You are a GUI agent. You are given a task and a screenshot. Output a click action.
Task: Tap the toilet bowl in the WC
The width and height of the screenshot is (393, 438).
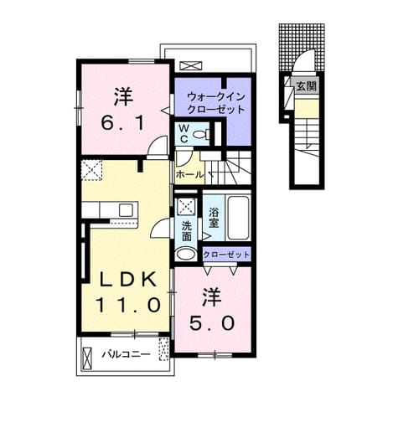[201, 134]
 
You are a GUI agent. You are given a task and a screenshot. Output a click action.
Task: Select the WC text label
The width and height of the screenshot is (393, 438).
[184, 134]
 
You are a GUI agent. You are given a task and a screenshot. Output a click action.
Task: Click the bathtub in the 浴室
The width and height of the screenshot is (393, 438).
[239, 218]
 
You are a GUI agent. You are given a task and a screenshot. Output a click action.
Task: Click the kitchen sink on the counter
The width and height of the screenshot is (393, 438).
[126, 210]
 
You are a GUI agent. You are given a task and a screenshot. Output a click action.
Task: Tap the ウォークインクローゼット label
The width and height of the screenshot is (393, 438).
[215, 103]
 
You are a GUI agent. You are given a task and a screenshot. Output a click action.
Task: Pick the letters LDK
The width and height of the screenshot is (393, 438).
[128, 280]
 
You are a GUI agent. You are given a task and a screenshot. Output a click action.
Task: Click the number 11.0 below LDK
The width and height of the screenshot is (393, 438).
[128, 305]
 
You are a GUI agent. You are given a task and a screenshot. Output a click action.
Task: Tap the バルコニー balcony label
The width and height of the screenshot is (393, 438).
[126, 354]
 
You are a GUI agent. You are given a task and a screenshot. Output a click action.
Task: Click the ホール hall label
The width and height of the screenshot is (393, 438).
[189, 175]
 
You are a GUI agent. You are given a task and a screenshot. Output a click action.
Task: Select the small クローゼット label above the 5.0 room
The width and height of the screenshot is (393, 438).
[226, 255]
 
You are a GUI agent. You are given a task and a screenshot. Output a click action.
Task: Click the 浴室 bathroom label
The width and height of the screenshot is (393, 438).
[214, 218]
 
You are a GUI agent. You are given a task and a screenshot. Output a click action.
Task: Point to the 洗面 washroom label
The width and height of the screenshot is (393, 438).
[186, 231]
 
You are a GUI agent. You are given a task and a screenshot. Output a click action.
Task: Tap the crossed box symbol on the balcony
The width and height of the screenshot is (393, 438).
[87, 358]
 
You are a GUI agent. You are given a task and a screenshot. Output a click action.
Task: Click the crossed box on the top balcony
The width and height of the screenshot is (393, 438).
[190, 65]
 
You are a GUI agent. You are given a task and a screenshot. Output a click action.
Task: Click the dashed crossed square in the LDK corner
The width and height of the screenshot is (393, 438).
[91, 170]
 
